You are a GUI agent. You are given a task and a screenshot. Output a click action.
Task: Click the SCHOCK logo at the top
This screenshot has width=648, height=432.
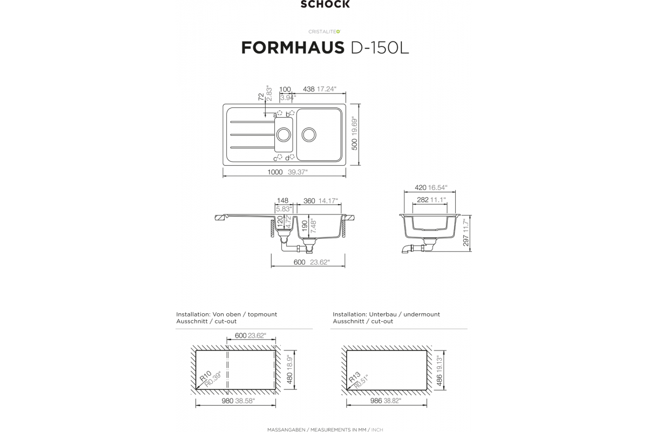(x=325, y=4)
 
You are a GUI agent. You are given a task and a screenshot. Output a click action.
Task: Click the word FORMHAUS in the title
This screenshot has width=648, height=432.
(x=293, y=48)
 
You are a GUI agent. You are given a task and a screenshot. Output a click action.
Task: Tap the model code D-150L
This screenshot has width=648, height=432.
(x=380, y=48)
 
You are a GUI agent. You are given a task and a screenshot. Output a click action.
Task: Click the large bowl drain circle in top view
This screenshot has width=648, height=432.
(x=309, y=134)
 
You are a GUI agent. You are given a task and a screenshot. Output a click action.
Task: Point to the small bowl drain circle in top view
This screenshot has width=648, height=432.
(x=283, y=134)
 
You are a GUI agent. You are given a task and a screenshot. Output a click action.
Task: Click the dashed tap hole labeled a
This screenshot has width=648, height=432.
(x=280, y=113)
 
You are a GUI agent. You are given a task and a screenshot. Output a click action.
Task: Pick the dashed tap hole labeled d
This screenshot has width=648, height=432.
(x=292, y=157)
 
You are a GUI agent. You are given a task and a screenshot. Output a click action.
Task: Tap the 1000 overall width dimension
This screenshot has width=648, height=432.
(x=275, y=172)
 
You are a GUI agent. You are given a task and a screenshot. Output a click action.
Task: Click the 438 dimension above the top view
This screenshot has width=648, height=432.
(x=309, y=89)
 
